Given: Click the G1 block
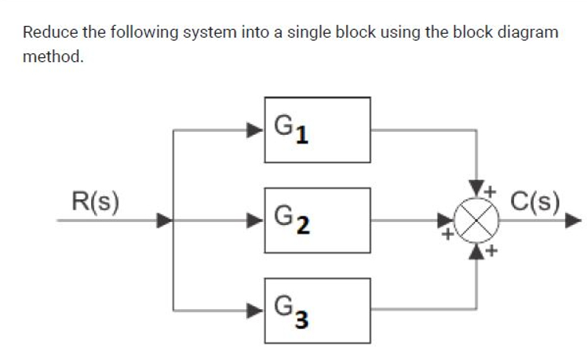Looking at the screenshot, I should coord(317,129).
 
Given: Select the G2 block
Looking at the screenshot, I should coord(317,220).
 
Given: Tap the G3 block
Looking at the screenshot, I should coord(317,310).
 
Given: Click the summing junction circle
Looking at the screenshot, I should coord(476,220).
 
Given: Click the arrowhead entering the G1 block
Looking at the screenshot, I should coord(257,129).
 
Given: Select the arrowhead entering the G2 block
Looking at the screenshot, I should coord(257,220).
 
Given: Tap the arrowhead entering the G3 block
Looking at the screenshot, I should coord(257,310).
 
